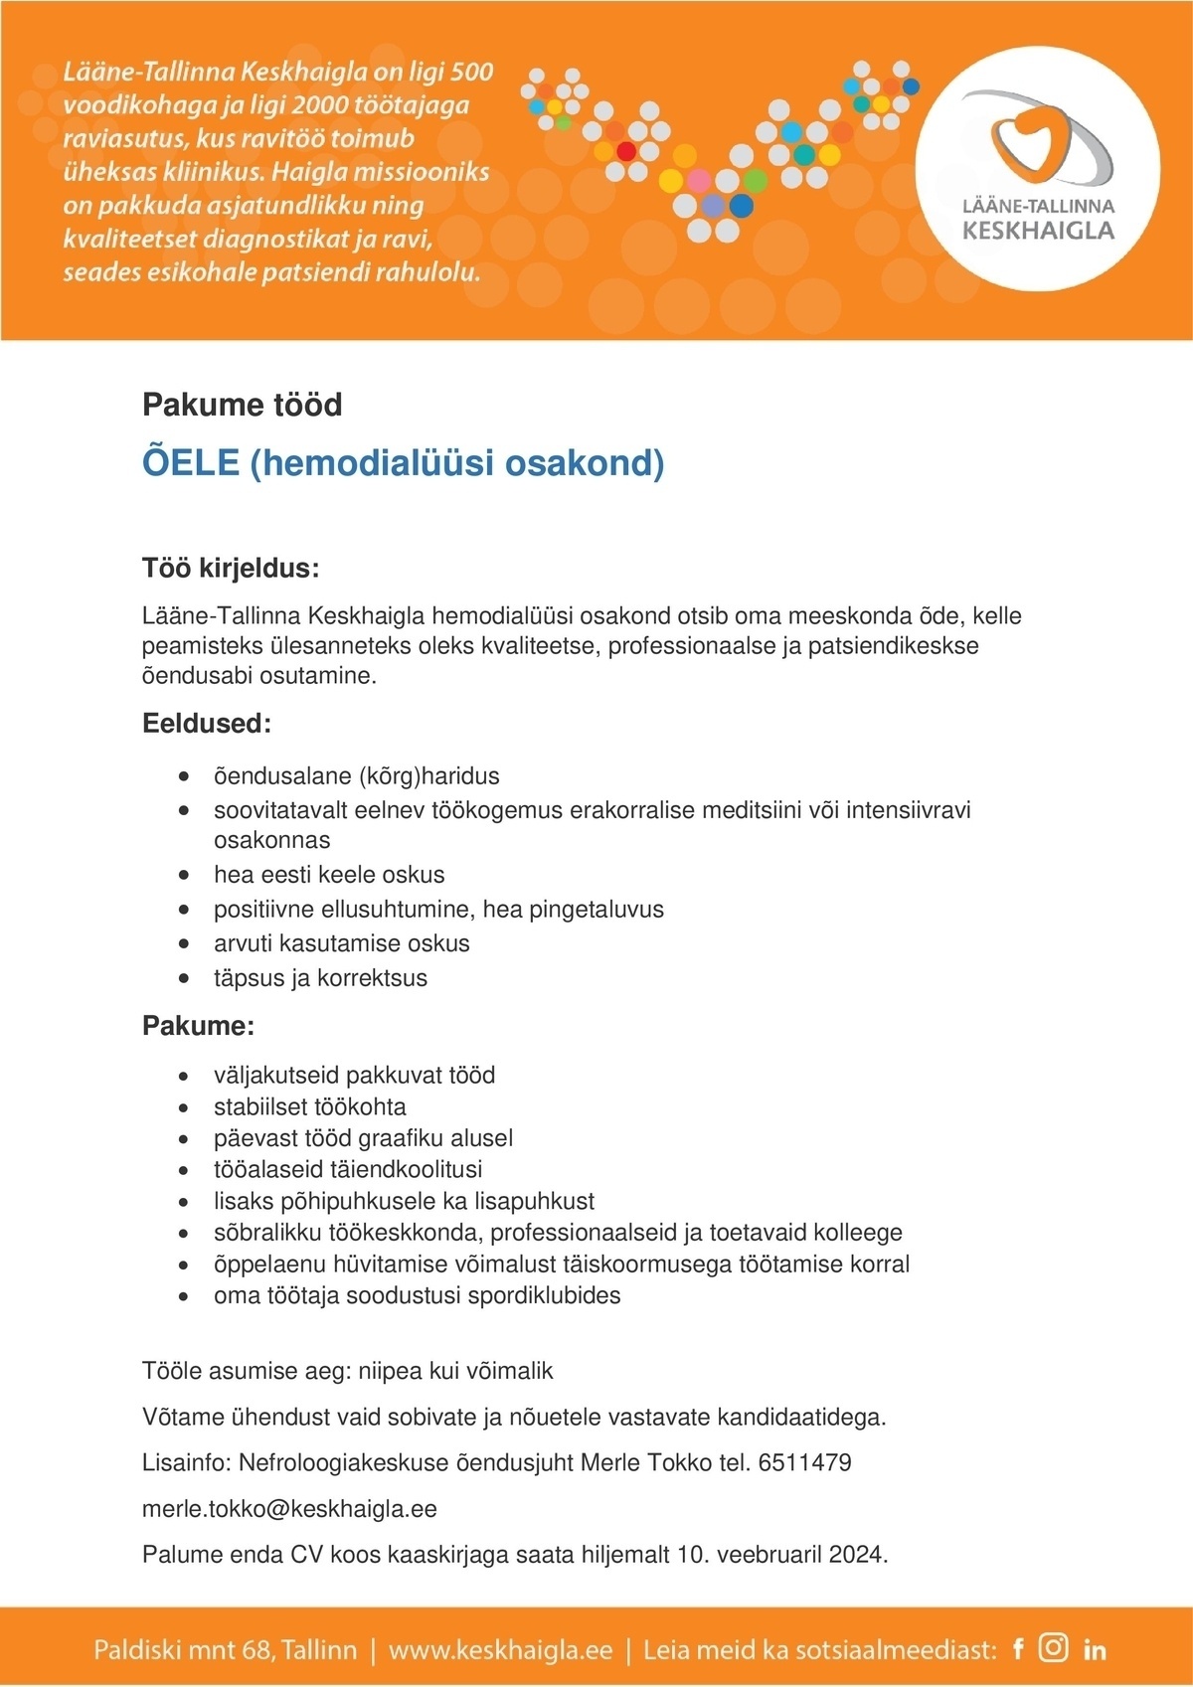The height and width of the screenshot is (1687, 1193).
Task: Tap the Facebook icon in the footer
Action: (1018, 1649)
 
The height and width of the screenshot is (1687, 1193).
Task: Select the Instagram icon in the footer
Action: (1053, 1648)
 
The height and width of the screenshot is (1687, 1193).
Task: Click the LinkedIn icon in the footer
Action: (1095, 1650)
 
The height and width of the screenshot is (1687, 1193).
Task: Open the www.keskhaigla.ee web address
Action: (500, 1650)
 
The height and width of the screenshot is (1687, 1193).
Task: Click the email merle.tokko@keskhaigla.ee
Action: (289, 1509)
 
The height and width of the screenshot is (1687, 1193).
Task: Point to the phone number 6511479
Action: (804, 1462)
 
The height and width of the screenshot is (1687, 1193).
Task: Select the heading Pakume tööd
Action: (242, 405)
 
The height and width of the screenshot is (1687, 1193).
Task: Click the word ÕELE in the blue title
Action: (191, 463)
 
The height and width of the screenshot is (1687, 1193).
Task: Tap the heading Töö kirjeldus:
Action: (231, 570)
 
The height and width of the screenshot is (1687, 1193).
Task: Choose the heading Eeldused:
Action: (207, 724)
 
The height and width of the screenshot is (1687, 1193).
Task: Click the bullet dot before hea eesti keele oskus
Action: (184, 876)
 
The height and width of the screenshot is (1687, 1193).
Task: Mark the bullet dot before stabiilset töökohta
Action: (184, 1107)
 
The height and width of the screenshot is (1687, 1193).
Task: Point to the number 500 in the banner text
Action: (471, 72)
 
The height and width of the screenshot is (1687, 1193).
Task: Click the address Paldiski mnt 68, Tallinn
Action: (225, 1650)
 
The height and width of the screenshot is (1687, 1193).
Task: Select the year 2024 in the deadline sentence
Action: (858, 1554)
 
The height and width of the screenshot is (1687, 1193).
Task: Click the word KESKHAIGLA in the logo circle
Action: (1038, 231)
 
